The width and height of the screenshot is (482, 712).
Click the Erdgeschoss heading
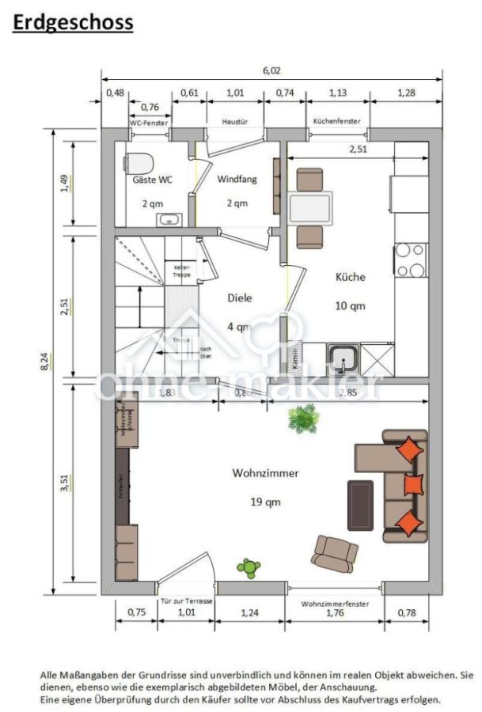73,23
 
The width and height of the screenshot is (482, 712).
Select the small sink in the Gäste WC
169,219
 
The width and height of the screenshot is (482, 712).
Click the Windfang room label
237,180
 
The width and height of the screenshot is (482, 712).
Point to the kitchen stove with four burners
410,260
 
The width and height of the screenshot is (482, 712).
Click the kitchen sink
343,358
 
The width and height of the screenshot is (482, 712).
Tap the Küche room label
350,277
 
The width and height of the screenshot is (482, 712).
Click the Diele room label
240,298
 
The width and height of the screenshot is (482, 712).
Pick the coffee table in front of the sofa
360,505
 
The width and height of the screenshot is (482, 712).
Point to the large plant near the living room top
303,418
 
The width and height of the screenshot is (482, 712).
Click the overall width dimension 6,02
271,70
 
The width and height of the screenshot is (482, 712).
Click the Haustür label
237,122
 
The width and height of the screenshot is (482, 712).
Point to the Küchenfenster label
336,122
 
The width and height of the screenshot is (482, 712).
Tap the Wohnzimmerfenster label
335,604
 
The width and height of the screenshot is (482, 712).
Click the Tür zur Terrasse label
186,601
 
